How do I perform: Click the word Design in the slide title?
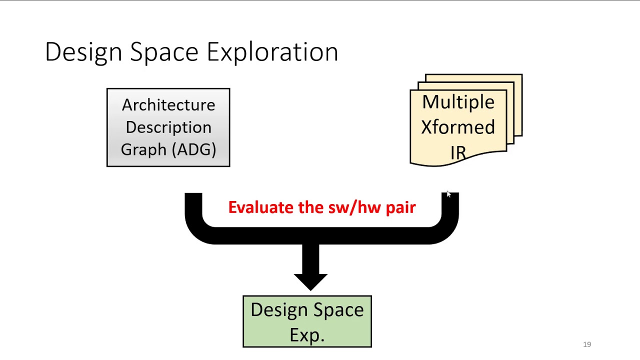coord(83,52)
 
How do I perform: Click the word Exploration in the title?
coord(272,52)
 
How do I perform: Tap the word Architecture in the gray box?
coord(168,105)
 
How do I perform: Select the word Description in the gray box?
coord(168,127)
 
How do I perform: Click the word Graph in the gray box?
coord(143,149)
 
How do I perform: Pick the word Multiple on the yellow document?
coord(458,102)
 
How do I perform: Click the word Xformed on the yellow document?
coord(458,127)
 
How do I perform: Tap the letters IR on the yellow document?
coord(458,152)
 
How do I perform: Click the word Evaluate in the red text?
coord(260,207)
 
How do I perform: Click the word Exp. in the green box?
coord(307,334)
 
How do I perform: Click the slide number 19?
coord(587,344)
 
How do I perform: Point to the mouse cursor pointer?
coord(448,194)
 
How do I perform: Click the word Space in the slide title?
coord(164,52)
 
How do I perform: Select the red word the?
coord(310,207)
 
